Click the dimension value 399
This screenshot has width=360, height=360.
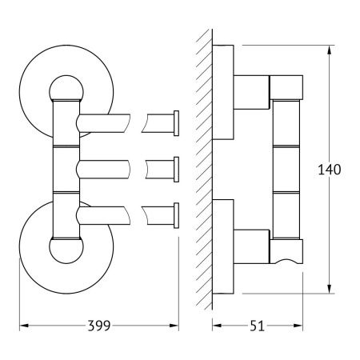tap(99, 326)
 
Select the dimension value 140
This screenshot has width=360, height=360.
tap(330, 170)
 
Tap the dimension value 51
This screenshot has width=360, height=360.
tap(257, 326)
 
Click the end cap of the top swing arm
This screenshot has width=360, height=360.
tap(176, 123)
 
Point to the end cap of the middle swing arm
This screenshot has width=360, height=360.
tap(176, 170)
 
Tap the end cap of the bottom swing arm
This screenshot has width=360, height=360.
tap(176, 215)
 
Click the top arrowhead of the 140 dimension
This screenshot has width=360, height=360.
tap(330, 50)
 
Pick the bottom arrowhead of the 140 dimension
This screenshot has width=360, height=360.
tap(330, 289)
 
